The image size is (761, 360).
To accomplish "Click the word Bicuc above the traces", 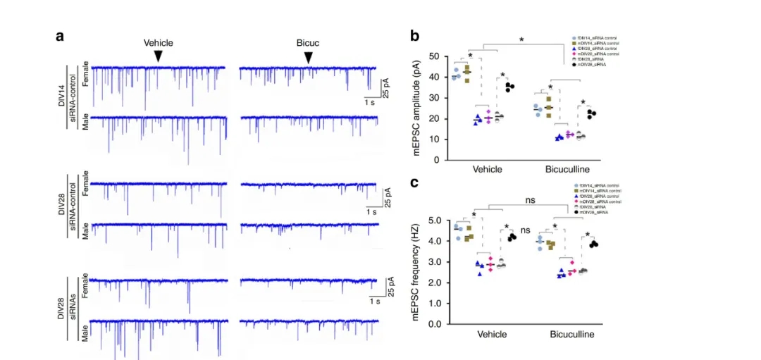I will point(308,42).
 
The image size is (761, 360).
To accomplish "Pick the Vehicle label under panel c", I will point(492,334).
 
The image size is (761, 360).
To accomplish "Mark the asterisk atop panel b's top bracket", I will point(521,40).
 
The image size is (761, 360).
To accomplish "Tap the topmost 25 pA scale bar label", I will point(387,84).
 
